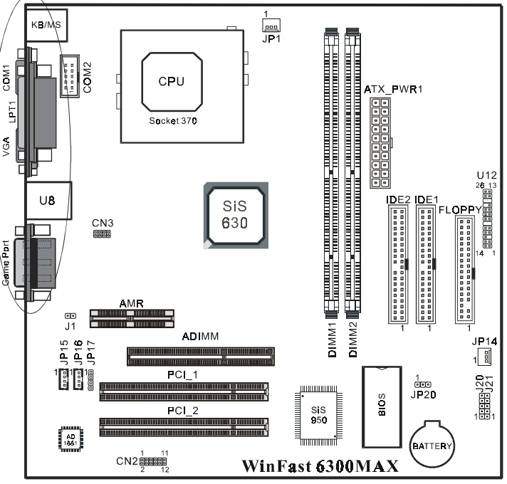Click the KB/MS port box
coord(48,25)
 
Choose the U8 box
coord(47,201)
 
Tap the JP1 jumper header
coord(271,26)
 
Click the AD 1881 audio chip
coord(70,438)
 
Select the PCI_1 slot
coord(184,389)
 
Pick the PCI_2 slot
coord(184,426)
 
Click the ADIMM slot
coord(219,354)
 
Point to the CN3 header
coord(102,233)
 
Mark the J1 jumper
coord(70,315)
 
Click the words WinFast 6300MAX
coord(319,467)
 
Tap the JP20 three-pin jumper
coord(419,383)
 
